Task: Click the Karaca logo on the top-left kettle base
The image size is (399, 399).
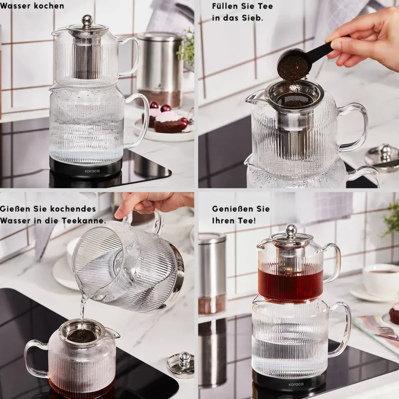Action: click(92, 171)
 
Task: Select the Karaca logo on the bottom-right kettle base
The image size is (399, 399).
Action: click(296, 384)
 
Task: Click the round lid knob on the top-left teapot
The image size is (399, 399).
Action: click(87, 20)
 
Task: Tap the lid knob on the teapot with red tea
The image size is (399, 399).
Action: click(291, 230)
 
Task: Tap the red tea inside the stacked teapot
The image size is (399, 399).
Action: click(291, 282)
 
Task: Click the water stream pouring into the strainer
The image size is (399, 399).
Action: click(82, 312)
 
